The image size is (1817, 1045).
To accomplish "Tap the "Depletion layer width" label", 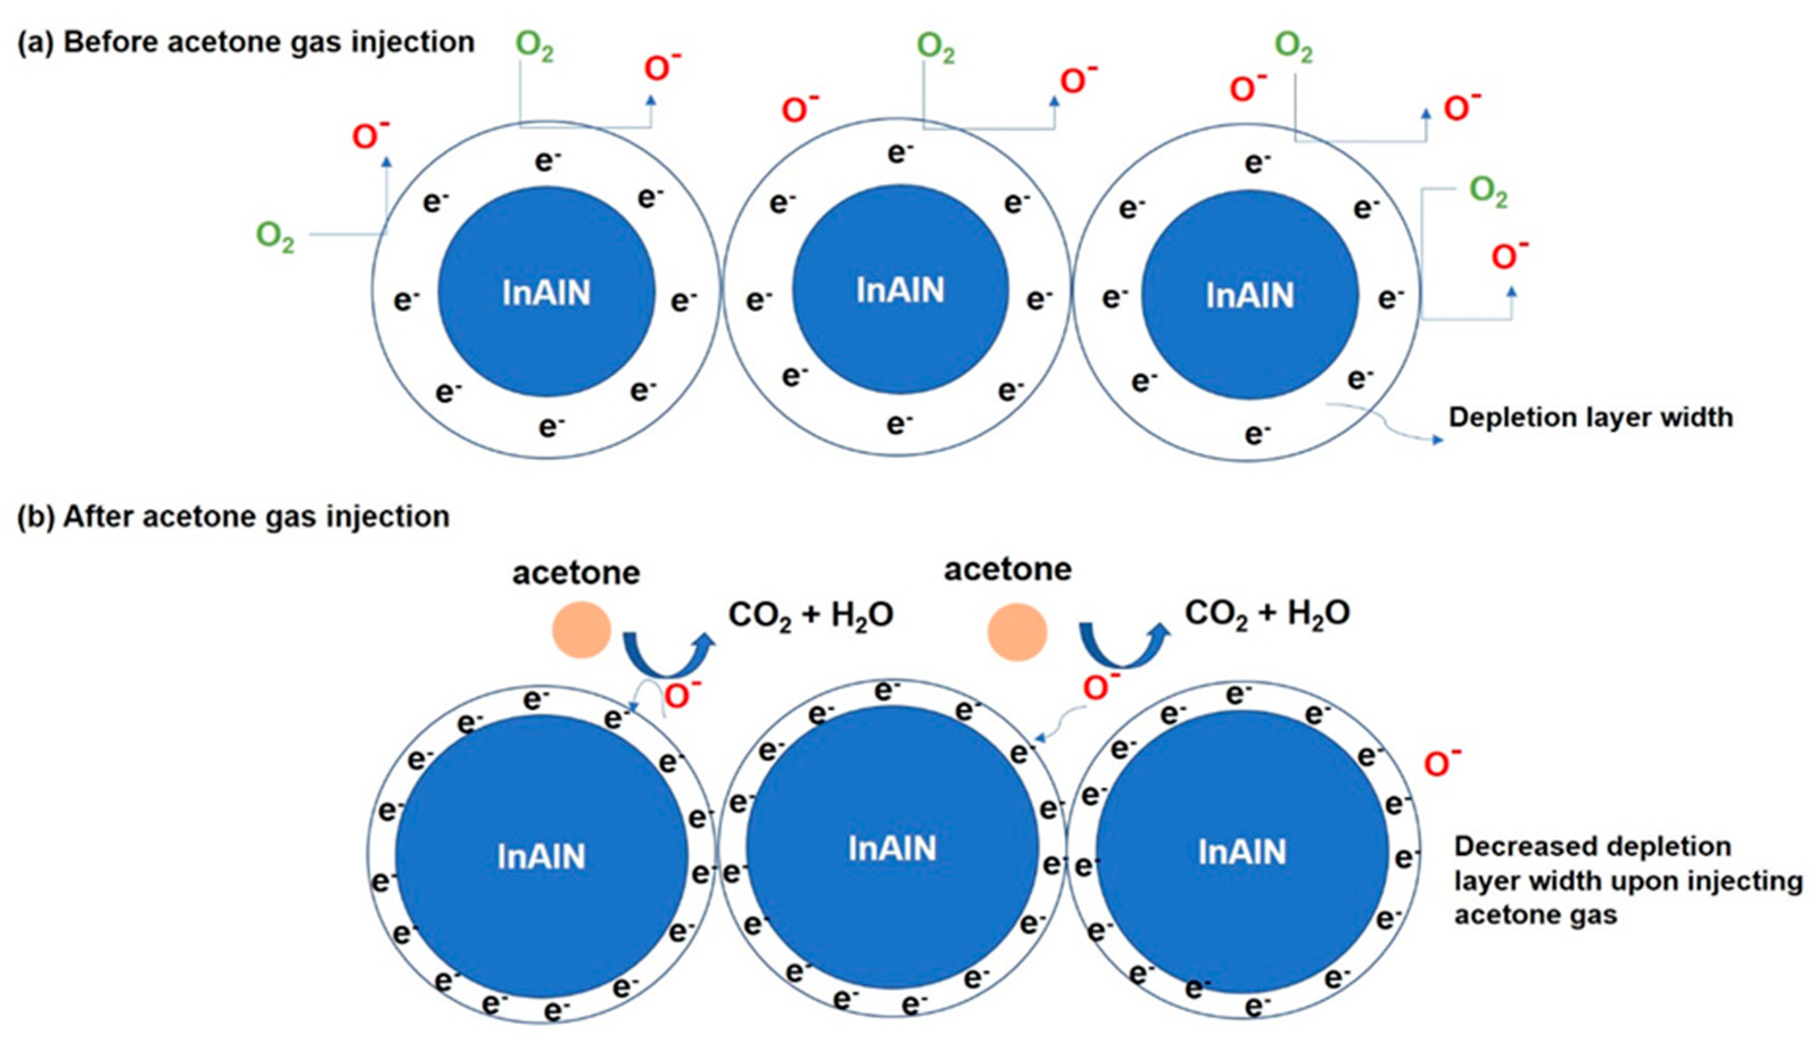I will pyautogui.click(x=1590, y=417).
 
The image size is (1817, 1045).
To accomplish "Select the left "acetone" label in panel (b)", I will pyautogui.click(x=576, y=573).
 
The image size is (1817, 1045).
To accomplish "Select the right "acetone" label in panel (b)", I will pyautogui.click(x=1007, y=570).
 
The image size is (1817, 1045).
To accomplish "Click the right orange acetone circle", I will pyautogui.click(x=1017, y=632).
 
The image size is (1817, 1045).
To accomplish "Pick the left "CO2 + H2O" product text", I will pyautogui.click(x=810, y=616).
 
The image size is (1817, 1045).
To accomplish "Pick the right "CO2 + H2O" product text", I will pyautogui.click(x=1267, y=613).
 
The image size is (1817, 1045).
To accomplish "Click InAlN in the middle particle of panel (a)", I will pyautogui.click(x=900, y=291).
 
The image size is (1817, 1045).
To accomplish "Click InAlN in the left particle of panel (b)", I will pyautogui.click(x=541, y=857).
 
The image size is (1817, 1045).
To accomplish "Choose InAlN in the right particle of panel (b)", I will pyautogui.click(x=1242, y=852).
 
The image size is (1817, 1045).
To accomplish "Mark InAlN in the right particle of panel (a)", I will pyautogui.click(x=1250, y=296).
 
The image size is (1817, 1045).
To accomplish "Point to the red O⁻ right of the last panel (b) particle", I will pyautogui.click(x=1442, y=763).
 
